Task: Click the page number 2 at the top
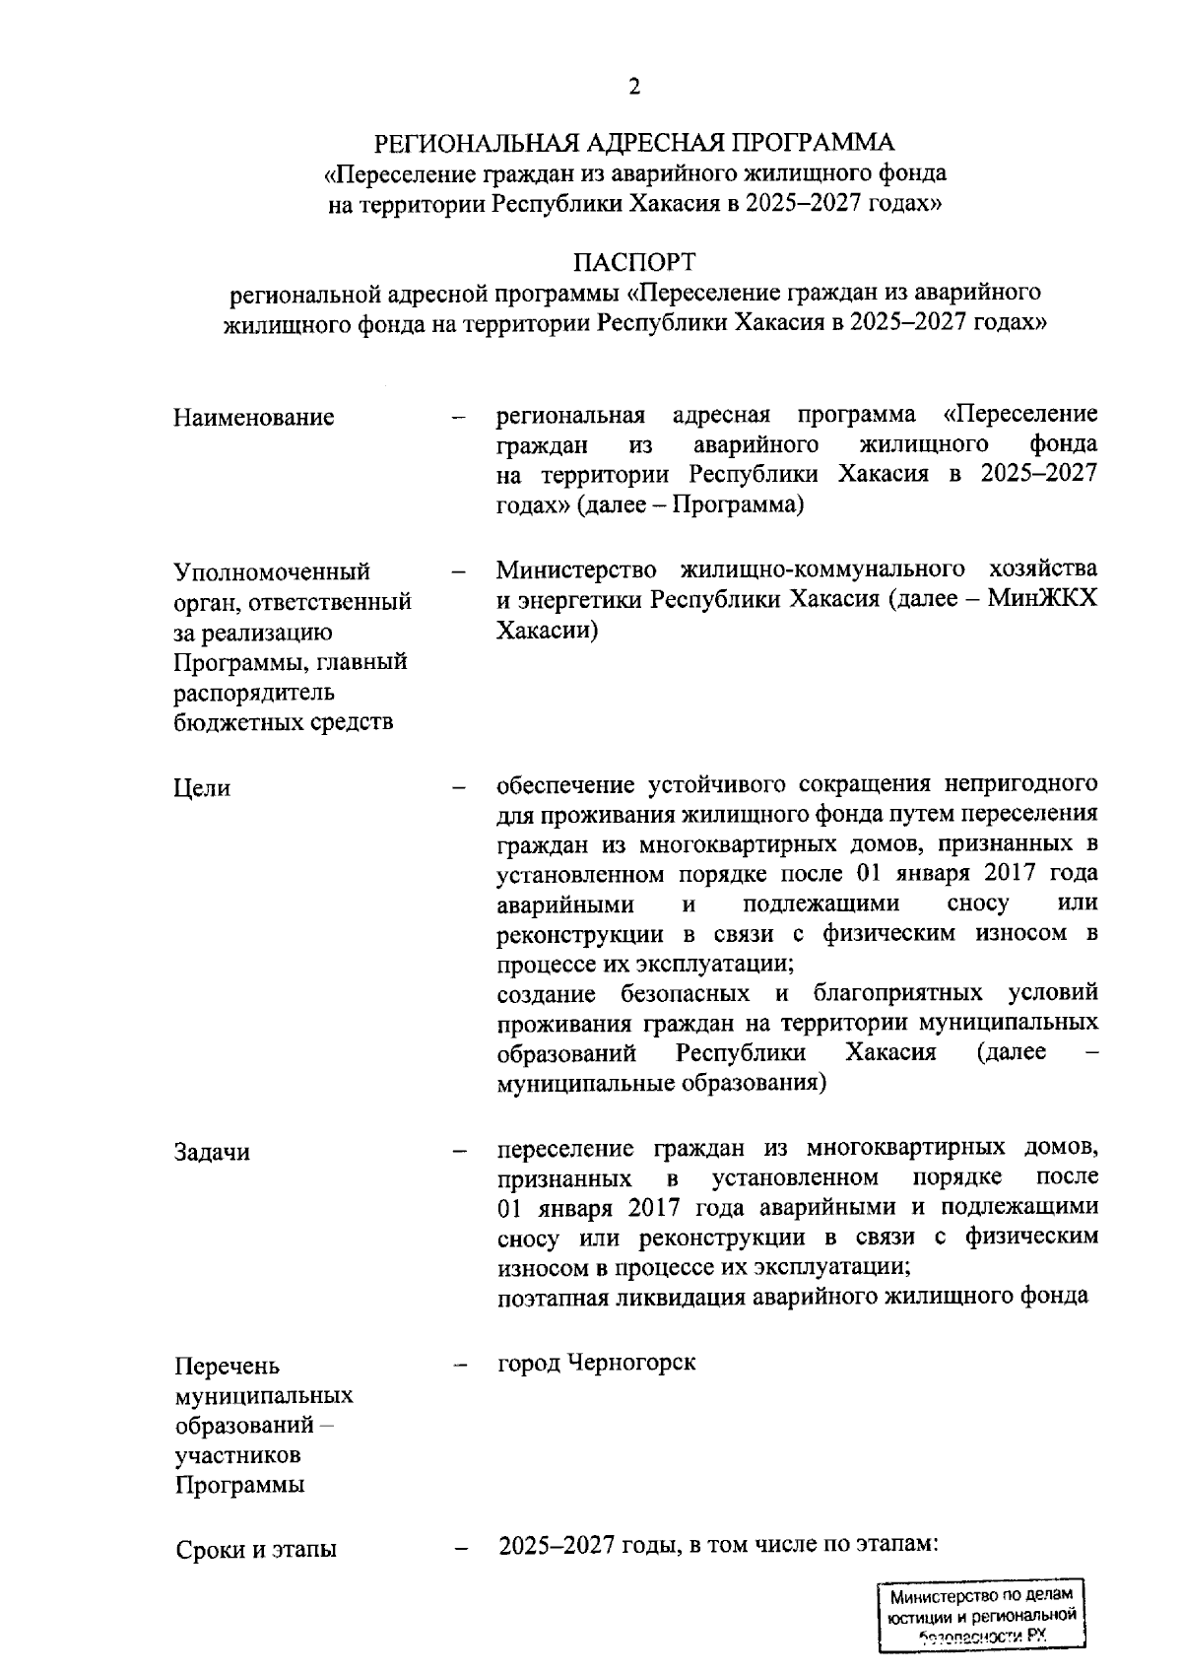(634, 88)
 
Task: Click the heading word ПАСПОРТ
(635, 262)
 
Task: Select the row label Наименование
(254, 417)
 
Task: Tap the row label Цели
(202, 787)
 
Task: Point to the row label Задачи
(212, 1152)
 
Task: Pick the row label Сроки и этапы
(256, 1549)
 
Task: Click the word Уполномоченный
(272, 571)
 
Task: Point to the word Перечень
(227, 1367)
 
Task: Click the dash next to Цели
(458, 788)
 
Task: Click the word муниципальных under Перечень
(264, 1396)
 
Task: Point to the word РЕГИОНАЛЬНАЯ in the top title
(474, 142)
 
